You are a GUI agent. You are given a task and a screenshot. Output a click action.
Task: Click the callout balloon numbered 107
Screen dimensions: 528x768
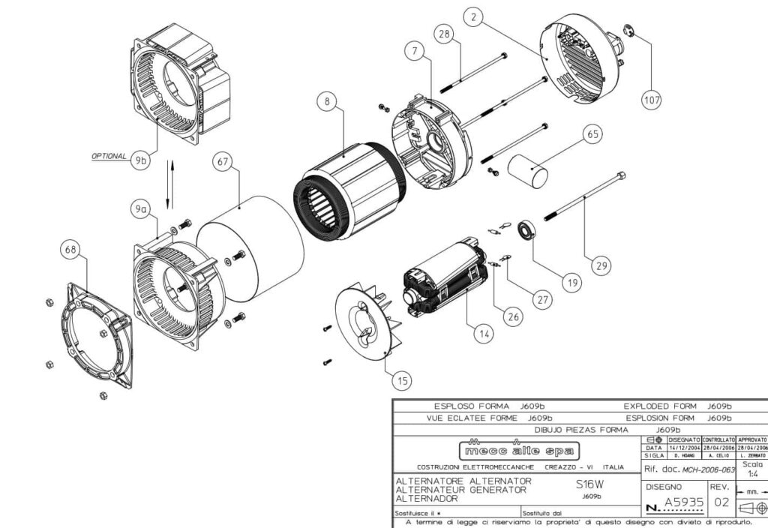click(x=651, y=99)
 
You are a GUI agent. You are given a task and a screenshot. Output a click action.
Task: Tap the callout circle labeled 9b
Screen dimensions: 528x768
click(x=139, y=161)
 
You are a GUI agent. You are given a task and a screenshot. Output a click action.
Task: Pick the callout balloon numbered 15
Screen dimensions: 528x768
click(x=403, y=381)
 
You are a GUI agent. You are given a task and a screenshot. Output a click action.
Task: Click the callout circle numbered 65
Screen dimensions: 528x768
click(x=592, y=134)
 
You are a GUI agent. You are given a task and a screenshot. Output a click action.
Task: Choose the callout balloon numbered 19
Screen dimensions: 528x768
click(x=572, y=283)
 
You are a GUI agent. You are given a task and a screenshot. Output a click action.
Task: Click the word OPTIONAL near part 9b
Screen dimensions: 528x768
click(x=109, y=156)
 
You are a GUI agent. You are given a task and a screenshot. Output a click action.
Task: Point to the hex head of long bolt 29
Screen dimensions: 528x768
click(x=620, y=176)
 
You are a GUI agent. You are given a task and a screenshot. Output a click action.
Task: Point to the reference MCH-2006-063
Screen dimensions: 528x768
click(x=700, y=469)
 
